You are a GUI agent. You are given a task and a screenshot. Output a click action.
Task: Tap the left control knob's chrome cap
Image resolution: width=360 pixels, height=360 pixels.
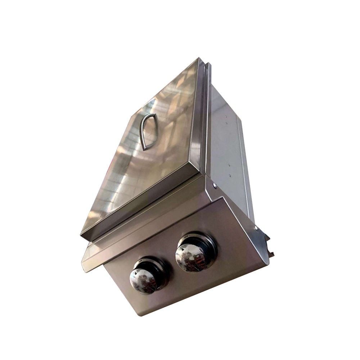point(143,280)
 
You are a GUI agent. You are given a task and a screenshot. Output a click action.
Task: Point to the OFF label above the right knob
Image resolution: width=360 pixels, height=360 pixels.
point(186,237)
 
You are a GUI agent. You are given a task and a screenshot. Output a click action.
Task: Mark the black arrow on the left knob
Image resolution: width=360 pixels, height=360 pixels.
point(136,274)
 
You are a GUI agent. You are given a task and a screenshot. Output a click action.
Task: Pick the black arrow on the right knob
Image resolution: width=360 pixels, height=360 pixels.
point(183,249)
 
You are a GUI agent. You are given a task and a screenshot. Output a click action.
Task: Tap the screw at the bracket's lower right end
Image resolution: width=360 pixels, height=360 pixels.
point(256,228)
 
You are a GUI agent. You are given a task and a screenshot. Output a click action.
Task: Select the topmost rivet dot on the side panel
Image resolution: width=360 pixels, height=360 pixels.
point(226,116)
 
